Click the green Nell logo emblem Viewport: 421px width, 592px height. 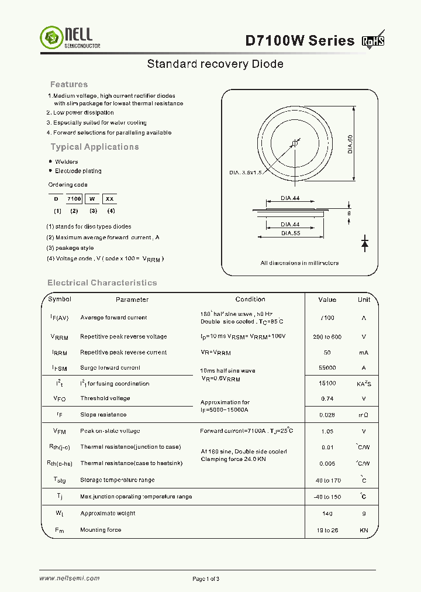coord(50,38)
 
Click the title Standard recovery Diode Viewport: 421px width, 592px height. coord(215,64)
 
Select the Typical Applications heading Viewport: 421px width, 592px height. coord(95,147)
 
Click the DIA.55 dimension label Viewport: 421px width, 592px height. coord(290,233)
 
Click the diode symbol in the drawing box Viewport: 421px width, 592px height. coord(365,242)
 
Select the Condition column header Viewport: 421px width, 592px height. coord(250,300)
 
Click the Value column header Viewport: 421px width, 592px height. coord(327,300)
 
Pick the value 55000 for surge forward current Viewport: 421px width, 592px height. coord(327,368)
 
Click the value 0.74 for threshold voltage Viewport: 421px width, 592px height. coord(327,398)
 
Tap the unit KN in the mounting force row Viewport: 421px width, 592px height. coord(364,530)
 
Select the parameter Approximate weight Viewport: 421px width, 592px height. coord(108,514)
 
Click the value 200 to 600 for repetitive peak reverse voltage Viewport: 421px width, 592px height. coord(327,337)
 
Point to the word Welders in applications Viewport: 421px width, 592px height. coord(66,161)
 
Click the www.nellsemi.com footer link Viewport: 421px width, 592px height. coord(69,579)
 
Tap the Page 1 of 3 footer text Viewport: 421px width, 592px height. coord(206,579)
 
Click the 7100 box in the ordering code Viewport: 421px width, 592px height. coord(74,199)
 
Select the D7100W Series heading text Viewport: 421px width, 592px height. coord(299,40)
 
